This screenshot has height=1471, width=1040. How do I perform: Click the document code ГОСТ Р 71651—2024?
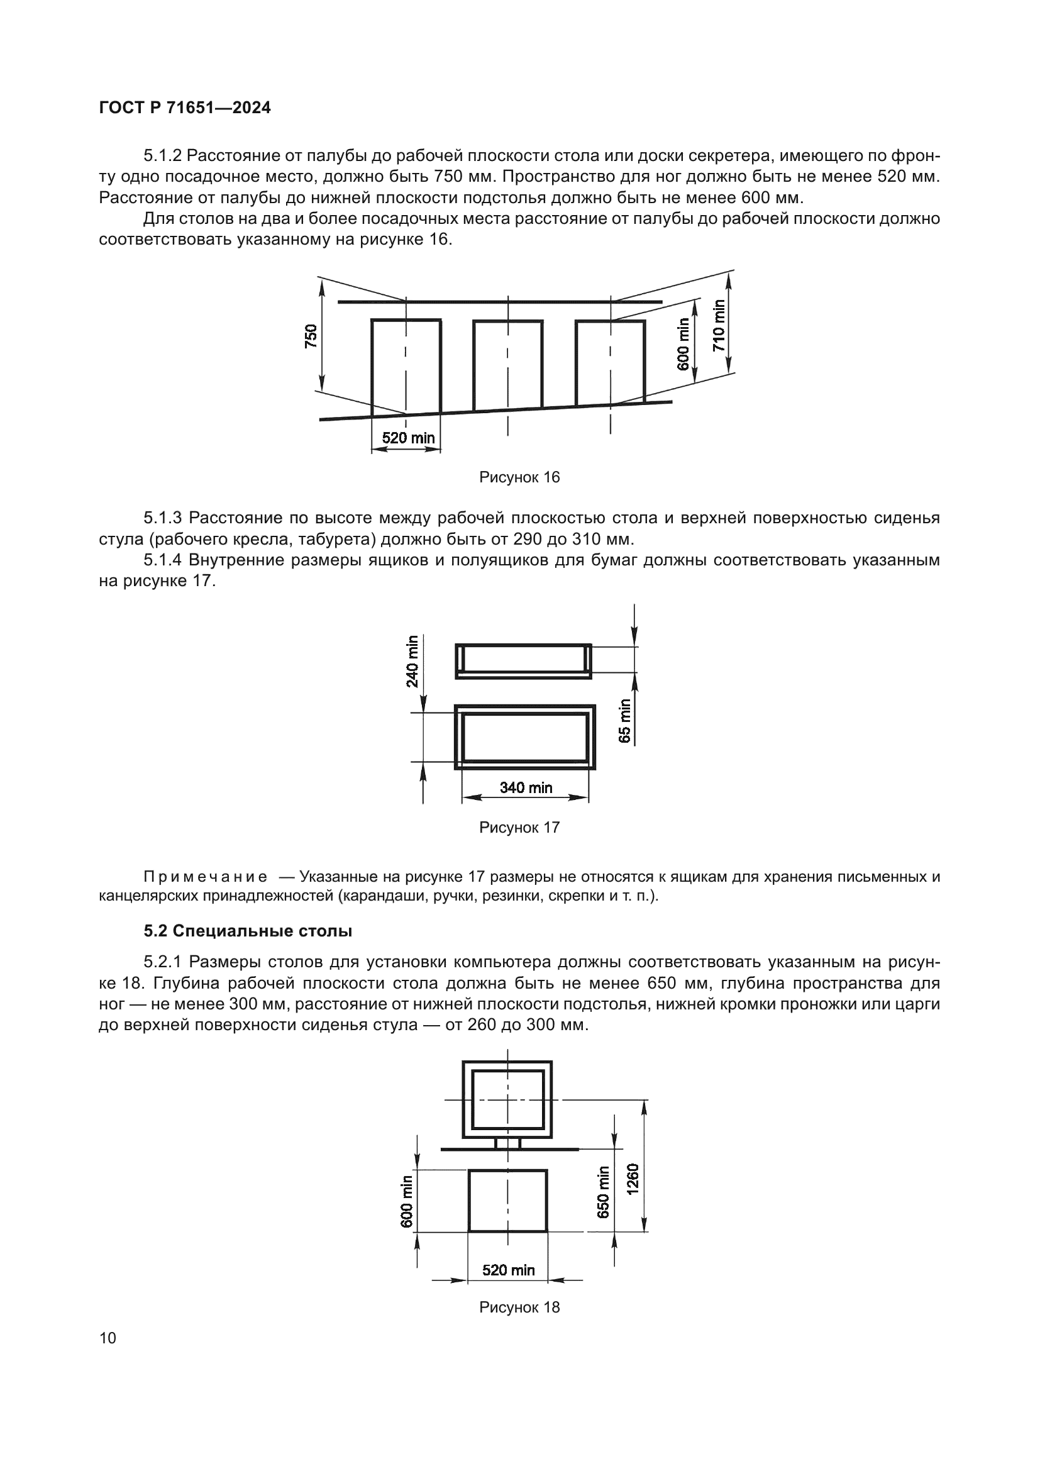(184, 108)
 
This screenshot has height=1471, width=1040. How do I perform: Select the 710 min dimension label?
(719, 326)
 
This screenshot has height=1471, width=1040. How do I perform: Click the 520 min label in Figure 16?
(408, 438)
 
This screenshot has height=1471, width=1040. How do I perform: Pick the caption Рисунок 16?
(519, 477)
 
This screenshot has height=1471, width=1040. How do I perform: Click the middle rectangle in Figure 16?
(508, 364)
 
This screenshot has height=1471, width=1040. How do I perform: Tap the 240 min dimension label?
(412, 660)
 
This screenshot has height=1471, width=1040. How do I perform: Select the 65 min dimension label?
(625, 721)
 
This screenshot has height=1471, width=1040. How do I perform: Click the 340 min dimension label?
(526, 787)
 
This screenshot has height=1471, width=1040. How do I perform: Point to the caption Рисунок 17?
(519, 828)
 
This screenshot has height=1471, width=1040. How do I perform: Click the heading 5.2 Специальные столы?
(248, 931)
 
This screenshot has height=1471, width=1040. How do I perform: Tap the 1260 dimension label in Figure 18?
(633, 1179)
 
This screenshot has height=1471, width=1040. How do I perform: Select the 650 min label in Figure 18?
(603, 1192)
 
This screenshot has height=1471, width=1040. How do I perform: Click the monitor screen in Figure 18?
(508, 1099)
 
